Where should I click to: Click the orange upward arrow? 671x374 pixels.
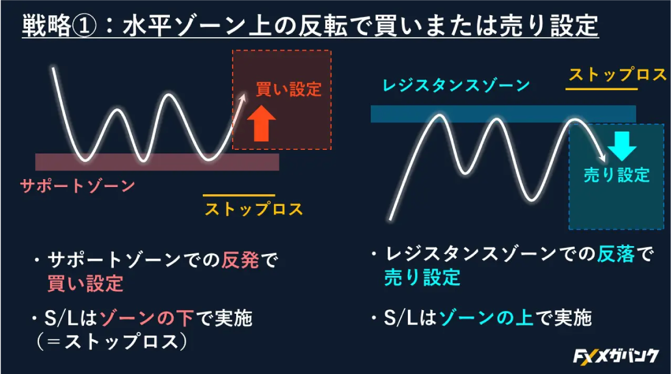(263, 123)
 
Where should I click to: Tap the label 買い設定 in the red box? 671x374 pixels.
(288, 89)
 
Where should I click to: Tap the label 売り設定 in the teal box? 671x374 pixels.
(616, 175)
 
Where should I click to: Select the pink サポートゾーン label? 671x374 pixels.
(77, 185)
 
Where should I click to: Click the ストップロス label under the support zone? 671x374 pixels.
(253, 209)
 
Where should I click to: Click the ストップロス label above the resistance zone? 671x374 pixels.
(617, 75)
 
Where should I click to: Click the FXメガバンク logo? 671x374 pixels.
(616, 356)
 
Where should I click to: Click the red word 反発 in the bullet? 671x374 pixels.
(240, 261)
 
